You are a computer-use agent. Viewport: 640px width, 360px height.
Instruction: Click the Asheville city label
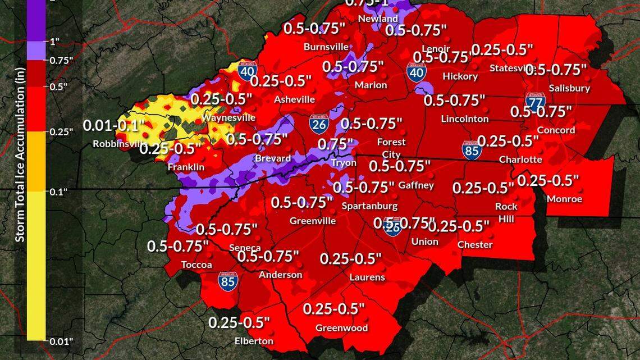pyautogui.click(x=294, y=99)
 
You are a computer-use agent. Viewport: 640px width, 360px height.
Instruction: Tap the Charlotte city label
pyautogui.click(x=520, y=160)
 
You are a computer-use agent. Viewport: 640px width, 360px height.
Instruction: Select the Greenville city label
pyautogui.click(x=313, y=221)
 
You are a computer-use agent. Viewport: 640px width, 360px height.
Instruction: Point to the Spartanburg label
pyautogui.click(x=369, y=206)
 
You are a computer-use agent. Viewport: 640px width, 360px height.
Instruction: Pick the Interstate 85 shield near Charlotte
pyautogui.click(x=472, y=151)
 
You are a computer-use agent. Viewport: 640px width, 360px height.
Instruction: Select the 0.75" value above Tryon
pyautogui.click(x=336, y=144)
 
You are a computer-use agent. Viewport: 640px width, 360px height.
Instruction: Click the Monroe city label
pyautogui.click(x=564, y=199)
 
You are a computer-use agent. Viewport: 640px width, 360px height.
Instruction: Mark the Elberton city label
pyautogui.click(x=254, y=341)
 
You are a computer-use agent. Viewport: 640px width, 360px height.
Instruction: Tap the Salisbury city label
pyautogui.click(x=569, y=88)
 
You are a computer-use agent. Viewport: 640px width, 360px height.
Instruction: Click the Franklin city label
pyautogui.click(x=186, y=167)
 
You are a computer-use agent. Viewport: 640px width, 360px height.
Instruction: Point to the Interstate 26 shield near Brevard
pyautogui.click(x=318, y=125)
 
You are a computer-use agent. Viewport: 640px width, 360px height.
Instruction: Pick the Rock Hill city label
pyautogui.click(x=506, y=212)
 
